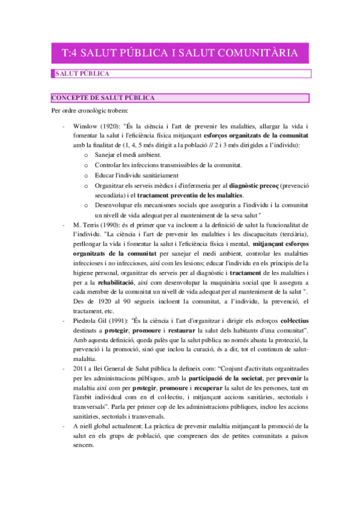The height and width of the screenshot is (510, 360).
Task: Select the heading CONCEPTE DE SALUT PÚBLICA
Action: [103, 97]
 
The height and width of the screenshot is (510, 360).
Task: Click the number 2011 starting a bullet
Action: [81, 369]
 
